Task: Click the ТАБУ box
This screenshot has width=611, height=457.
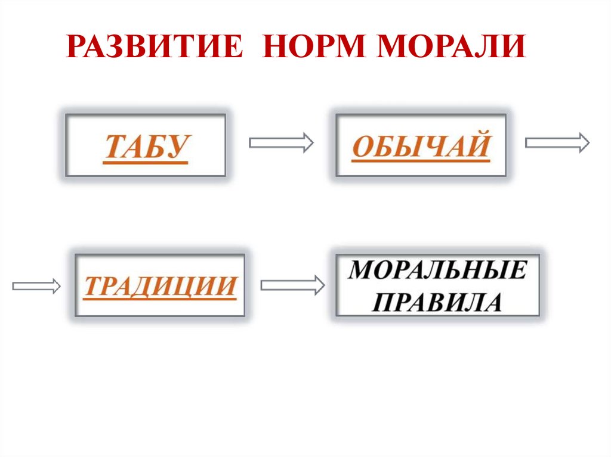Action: (x=146, y=145)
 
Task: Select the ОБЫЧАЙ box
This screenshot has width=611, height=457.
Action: (x=421, y=145)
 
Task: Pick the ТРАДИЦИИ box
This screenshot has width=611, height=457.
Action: (x=160, y=285)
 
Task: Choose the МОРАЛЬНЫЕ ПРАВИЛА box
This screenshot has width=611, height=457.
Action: (x=438, y=285)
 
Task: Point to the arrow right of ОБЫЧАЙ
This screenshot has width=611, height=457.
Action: (x=557, y=142)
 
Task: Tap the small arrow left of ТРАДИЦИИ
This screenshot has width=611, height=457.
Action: (x=36, y=286)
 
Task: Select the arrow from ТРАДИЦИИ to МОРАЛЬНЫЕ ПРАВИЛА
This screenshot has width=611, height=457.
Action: (x=292, y=285)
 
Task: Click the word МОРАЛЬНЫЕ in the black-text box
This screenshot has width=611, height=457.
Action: (x=438, y=271)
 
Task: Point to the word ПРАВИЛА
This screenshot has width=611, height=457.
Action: (x=438, y=302)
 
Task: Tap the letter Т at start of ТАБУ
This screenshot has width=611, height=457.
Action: (x=113, y=146)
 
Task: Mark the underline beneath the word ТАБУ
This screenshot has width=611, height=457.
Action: (x=146, y=161)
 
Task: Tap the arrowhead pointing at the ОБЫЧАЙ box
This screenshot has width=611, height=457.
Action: (x=308, y=142)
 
